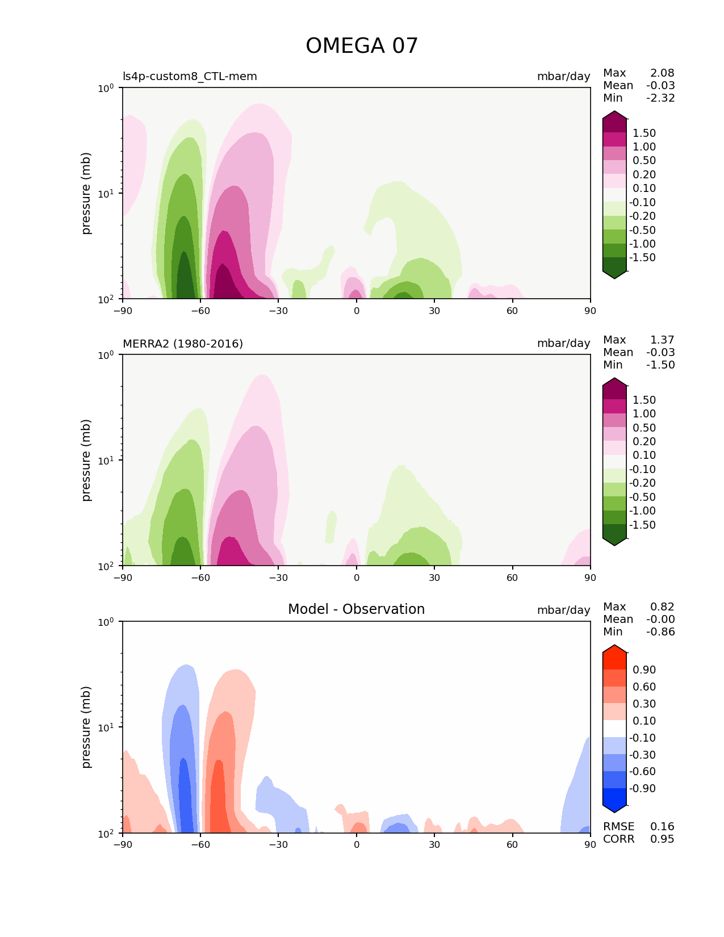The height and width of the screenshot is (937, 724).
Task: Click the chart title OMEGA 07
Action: coord(362,46)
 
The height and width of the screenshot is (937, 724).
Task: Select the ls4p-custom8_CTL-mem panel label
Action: coord(190,76)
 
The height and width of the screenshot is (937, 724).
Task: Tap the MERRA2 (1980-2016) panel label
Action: coord(183,344)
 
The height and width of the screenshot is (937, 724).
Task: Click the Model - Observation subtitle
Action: coord(356,609)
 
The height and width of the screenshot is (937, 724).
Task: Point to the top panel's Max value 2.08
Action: coord(662,73)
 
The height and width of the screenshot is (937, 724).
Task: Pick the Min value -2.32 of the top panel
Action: coord(660,98)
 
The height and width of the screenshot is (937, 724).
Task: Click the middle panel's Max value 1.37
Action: coord(662,340)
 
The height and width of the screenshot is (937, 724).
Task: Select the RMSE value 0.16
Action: coord(662,826)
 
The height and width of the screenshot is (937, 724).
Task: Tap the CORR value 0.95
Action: coord(662,839)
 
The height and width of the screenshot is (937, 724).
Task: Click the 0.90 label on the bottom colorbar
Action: coord(644,670)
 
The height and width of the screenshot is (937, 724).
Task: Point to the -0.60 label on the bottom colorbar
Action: coord(642,771)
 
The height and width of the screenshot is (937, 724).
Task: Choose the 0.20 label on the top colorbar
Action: coord(644,174)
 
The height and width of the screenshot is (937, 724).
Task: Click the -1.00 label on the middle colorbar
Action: coord(642,511)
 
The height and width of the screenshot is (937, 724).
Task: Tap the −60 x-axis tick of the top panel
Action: coord(200,311)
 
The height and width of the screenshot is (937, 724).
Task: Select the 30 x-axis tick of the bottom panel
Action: coord(434,844)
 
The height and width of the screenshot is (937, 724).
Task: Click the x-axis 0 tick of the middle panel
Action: coord(357,578)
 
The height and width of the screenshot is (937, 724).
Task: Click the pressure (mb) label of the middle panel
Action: coord(86,460)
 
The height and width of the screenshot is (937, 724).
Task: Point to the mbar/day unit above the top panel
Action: coord(563,76)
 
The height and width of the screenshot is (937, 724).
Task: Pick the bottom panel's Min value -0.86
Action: coord(660,631)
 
